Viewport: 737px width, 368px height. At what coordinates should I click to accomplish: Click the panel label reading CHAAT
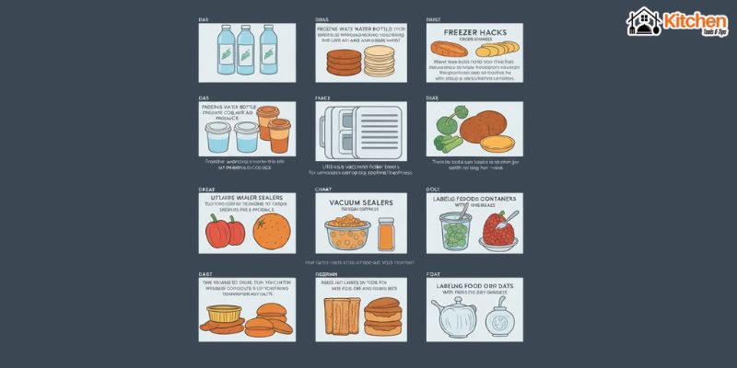pos(322,190)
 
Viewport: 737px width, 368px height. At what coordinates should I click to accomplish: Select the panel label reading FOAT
pos(433,274)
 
